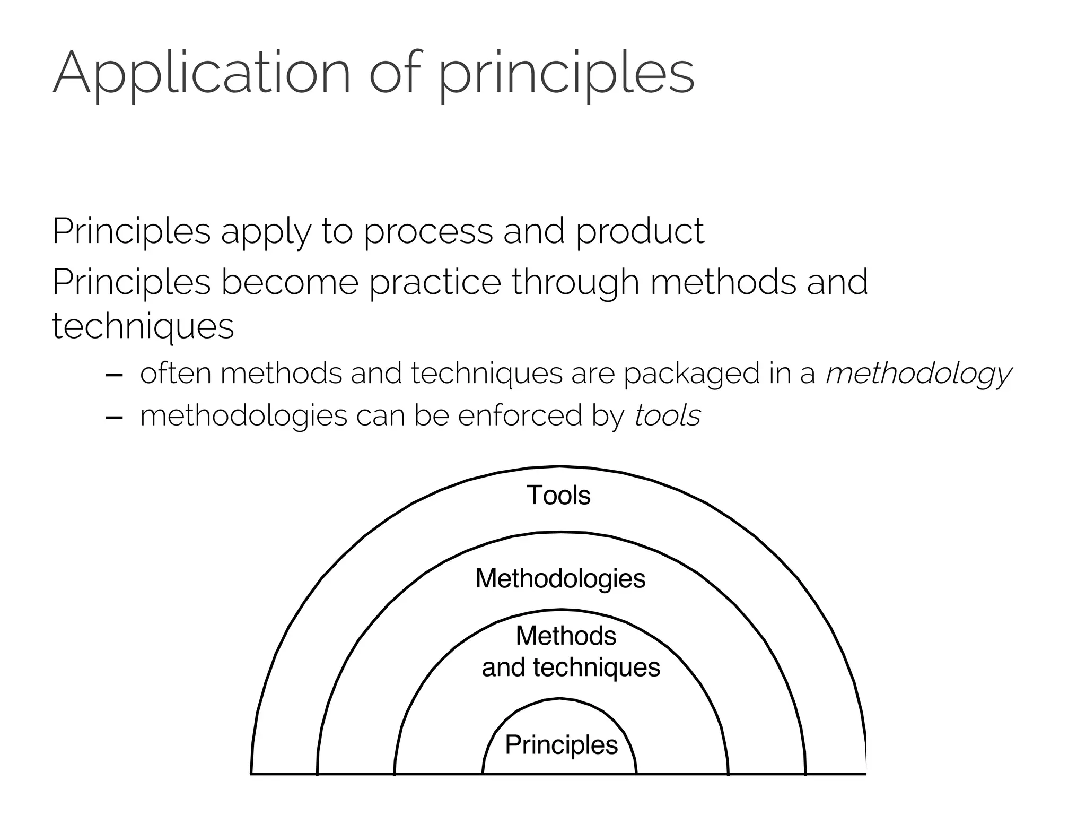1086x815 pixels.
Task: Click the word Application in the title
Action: pyautogui.click(x=202, y=73)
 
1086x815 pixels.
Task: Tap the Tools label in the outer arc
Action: pyautogui.click(x=558, y=495)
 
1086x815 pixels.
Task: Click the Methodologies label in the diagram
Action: pyautogui.click(x=560, y=578)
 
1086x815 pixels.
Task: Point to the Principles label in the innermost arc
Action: pyautogui.click(x=561, y=744)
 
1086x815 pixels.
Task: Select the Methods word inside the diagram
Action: pyautogui.click(x=566, y=636)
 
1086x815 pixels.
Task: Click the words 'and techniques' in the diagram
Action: pyautogui.click(x=571, y=667)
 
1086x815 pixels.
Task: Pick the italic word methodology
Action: pyautogui.click(x=918, y=374)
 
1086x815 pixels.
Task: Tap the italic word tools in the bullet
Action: pyautogui.click(x=668, y=415)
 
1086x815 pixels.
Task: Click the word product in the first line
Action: pyautogui.click(x=640, y=231)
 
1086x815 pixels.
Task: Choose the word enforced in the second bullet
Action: pyautogui.click(x=520, y=415)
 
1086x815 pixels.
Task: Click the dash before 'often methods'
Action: pyautogui.click(x=115, y=375)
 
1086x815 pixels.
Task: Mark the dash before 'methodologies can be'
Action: pyautogui.click(x=115, y=417)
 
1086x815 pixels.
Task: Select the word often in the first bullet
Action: pyautogui.click(x=176, y=374)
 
